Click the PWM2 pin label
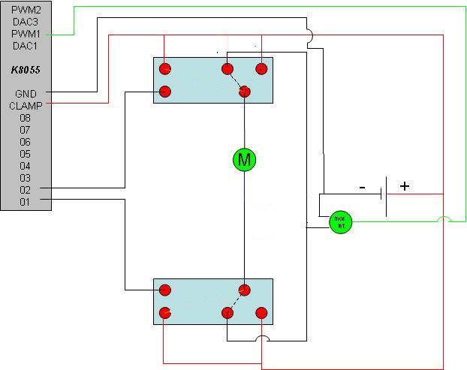[x=25, y=10]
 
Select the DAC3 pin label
[x=25, y=22]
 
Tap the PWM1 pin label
[x=25, y=34]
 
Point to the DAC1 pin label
[x=25, y=46]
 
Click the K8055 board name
[x=25, y=70]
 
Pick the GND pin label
[x=25, y=94]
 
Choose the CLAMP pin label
[x=25, y=106]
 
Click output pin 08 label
[x=25, y=118]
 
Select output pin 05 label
[x=25, y=154]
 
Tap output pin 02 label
[x=25, y=190]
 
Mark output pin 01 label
[x=25, y=202]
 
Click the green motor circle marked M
[x=244, y=158]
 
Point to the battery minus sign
[x=362, y=188]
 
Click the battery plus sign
[x=405, y=186]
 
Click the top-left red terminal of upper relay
[x=165, y=69]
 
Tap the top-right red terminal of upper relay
[x=261, y=69]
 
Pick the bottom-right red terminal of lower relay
[x=261, y=312]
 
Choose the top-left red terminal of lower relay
[x=165, y=290]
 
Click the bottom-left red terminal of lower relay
[x=165, y=312]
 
